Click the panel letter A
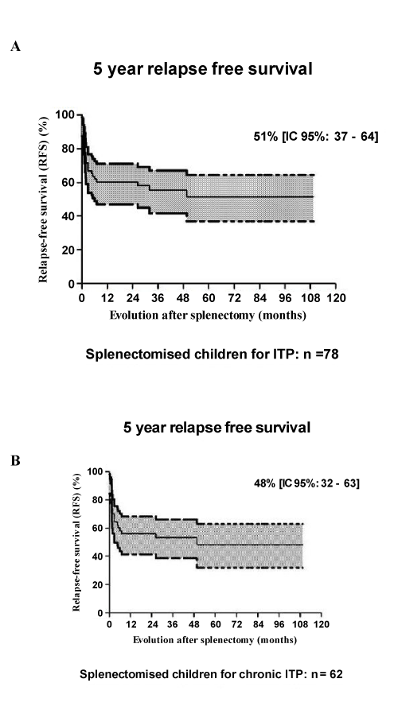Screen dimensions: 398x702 click(x=16, y=46)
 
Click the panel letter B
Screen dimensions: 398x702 click(x=16, y=460)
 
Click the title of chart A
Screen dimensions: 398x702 click(x=203, y=69)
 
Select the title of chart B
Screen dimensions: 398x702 click(x=217, y=427)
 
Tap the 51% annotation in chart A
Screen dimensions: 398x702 click(x=316, y=137)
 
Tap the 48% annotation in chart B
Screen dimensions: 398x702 click(x=306, y=483)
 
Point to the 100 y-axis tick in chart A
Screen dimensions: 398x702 click(x=64, y=114)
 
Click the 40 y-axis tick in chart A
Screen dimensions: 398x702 click(x=68, y=215)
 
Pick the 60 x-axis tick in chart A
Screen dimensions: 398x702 click(x=209, y=298)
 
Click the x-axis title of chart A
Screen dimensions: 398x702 click(x=208, y=315)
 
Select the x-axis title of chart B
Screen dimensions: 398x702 click(x=215, y=640)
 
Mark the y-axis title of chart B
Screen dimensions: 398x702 click(x=76, y=541)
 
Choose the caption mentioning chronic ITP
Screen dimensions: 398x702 click(x=211, y=674)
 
